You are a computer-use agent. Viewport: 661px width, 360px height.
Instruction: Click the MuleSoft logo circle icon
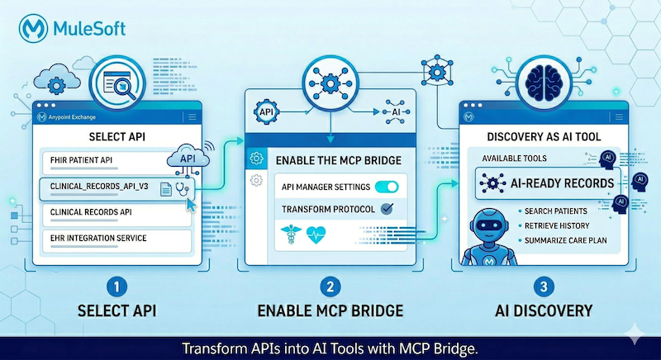coord(34,31)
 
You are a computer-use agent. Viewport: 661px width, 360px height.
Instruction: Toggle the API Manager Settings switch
coord(386,187)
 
